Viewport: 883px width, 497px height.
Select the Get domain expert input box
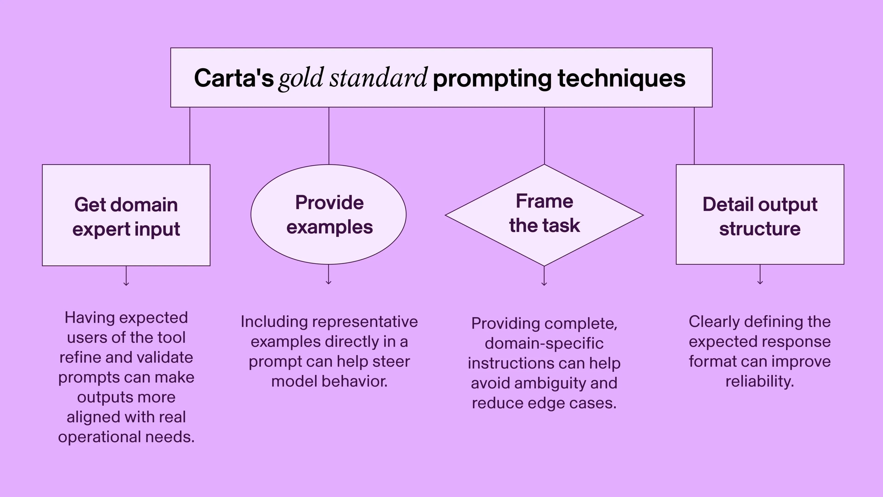[x=126, y=215]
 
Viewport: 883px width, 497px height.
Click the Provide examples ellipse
[x=328, y=214]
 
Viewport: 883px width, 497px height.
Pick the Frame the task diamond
[x=544, y=215]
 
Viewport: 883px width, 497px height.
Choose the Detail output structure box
[x=760, y=214]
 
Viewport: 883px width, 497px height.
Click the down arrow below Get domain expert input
[x=126, y=276]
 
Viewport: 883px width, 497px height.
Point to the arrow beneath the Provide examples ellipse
[x=328, y=275]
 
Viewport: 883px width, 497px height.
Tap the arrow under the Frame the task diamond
[x=544, y=276]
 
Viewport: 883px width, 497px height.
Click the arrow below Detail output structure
[x=760, y=275]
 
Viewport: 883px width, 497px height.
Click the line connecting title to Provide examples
[x=329, y=136]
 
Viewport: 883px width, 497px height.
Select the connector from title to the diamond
[x=544, y=136]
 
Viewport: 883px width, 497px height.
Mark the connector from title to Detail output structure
[x=694, y=136]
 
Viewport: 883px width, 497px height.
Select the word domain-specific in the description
[x=544, y=343]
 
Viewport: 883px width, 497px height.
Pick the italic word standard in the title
[x=378, y=78]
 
